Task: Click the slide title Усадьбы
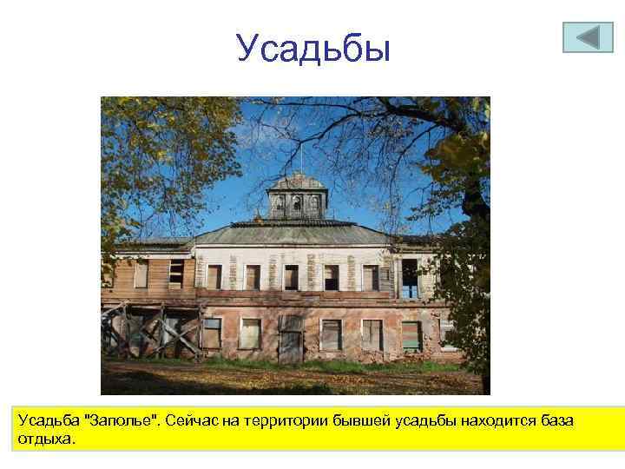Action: (312, 49)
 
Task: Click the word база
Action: (553, 421)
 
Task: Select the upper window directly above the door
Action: (292, 277)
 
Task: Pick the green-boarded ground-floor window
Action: (411, 334)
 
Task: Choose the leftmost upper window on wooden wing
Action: (141, 274)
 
